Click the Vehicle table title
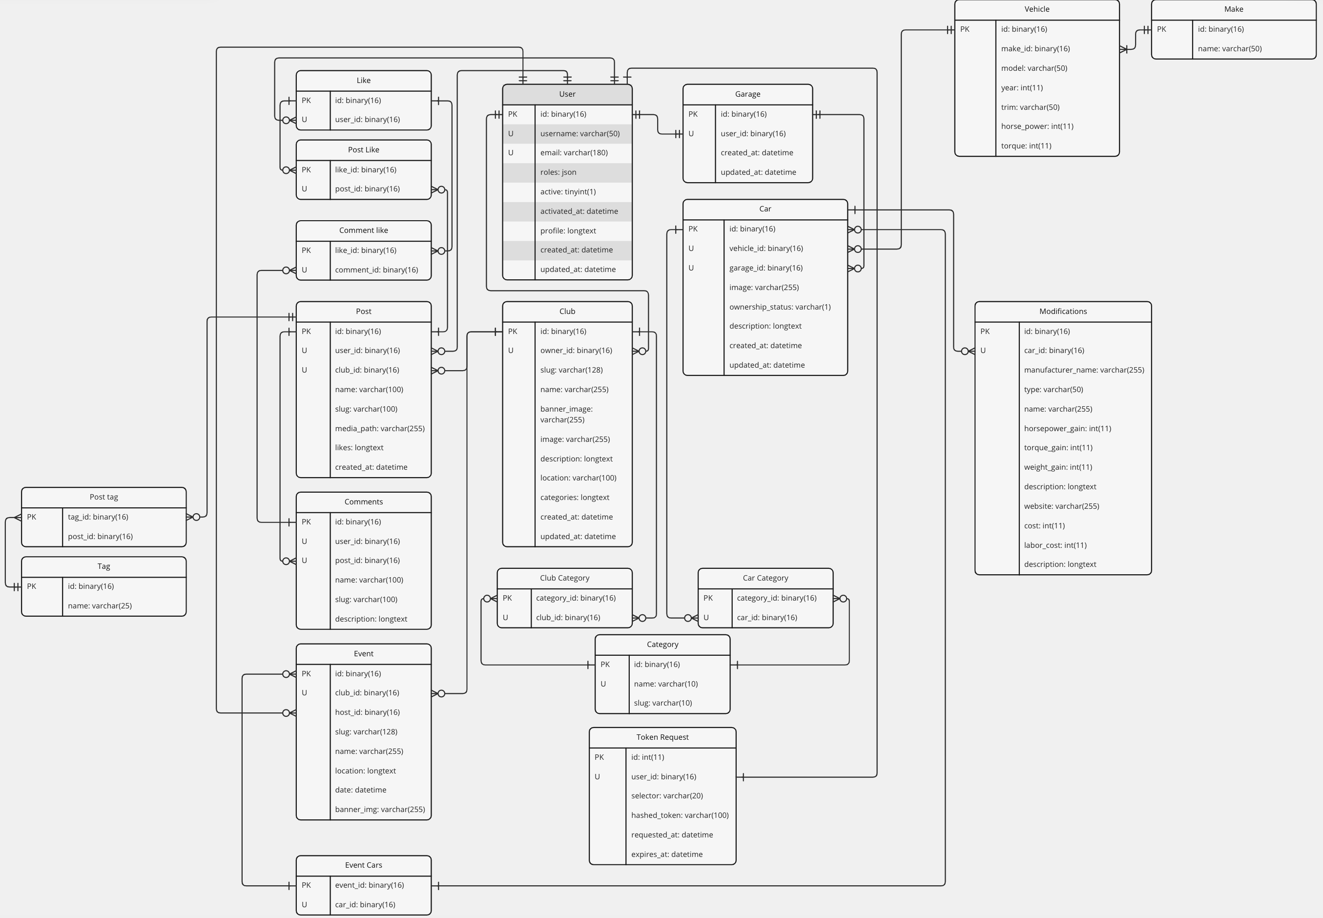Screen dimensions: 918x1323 (x=1036, y=9)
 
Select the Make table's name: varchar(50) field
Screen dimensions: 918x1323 (x=1229, y=49)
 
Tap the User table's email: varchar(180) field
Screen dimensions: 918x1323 (x=574, y=153)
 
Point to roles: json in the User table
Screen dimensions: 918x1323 (x=558, y=172)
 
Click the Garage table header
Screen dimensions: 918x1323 (x=747, y=94)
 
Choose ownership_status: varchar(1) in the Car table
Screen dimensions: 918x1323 (x=780, y=307)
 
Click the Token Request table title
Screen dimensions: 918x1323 (x=662, y=737)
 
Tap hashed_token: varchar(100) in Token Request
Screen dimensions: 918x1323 (x=680, y=815)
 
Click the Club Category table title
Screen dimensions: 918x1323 (x=565, y=579)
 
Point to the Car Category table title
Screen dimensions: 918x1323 (x=765, y=579)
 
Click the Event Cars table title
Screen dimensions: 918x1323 (x=363, y=866)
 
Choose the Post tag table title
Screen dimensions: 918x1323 (x=103, y=498)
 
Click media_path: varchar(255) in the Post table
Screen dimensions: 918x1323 (x=380, y=429)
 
